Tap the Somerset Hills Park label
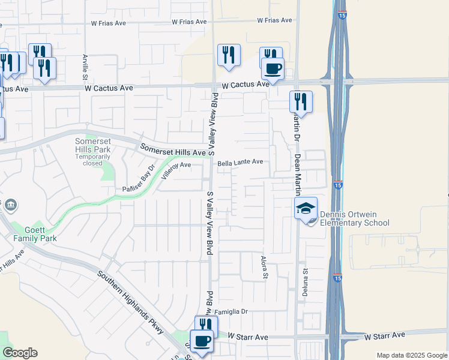click(x=93, y=145)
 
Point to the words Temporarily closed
click(x=93, y=160)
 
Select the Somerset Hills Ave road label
click(x=173, y=149)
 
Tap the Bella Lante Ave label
click(x=240, y=162)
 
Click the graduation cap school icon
click(x=306, y=208)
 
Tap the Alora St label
click(x=264, y=267)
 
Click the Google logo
click(x=20, y=353)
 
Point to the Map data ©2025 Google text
click(x=412, y=355)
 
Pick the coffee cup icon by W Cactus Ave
click(x=273, y=68)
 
